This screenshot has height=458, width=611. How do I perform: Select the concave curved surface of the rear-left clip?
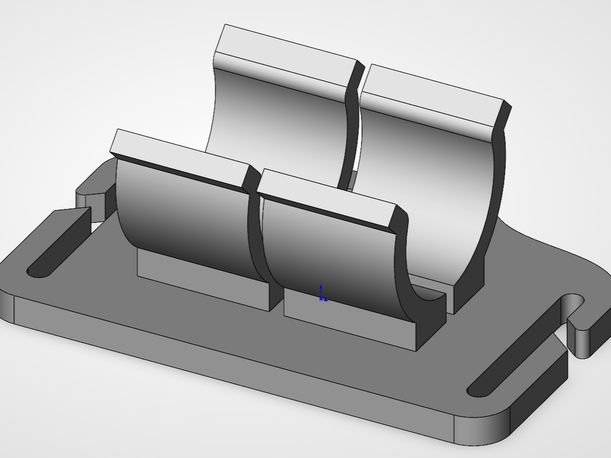[x=277, y=123]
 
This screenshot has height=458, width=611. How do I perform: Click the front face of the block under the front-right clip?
[x=349, y=323]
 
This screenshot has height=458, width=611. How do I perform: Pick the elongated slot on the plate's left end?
[x=59, y=243]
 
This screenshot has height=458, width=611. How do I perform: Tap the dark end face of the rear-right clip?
[x=487, y=215]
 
